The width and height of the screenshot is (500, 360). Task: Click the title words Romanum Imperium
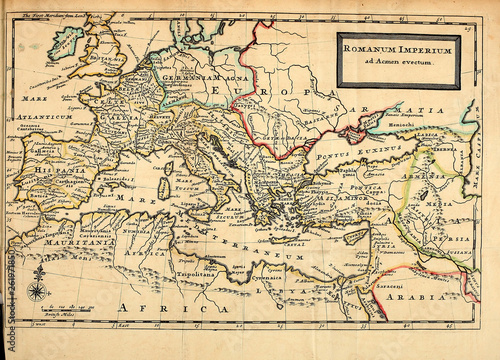point(398,49)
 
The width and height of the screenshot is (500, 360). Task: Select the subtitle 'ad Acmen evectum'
point(398,63)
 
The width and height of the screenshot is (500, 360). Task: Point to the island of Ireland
point(66,41)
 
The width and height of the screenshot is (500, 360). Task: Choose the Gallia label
point(112,118)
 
